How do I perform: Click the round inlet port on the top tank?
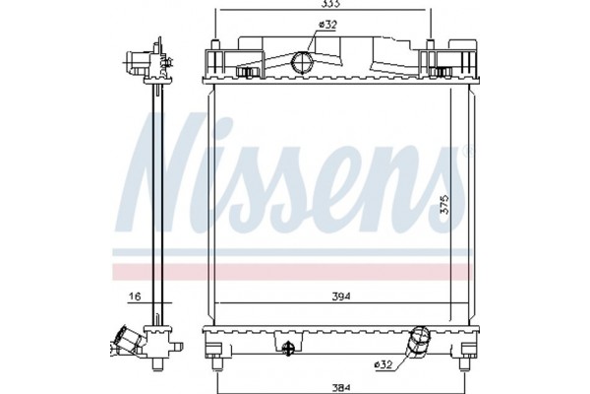(303, 65)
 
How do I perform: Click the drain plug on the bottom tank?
(287, 348)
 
